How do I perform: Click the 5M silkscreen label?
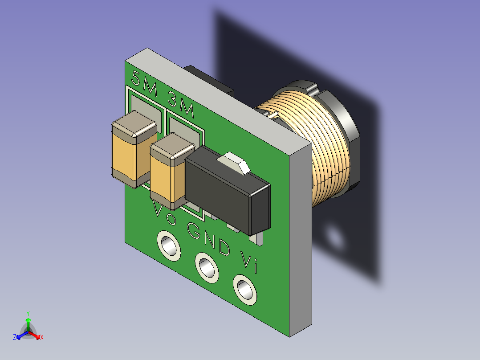coord(144,83)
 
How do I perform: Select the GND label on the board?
coord(208,239)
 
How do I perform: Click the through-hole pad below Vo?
coord(169,246)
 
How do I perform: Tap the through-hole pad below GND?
coord(207,268)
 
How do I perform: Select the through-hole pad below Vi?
coord(245,290)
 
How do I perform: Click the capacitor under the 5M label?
coord(134,149)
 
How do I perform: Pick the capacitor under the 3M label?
coord(171,172)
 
